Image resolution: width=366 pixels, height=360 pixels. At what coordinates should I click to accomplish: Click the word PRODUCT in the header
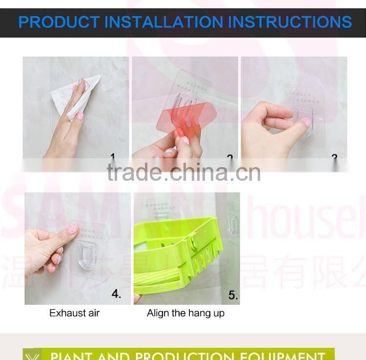59,22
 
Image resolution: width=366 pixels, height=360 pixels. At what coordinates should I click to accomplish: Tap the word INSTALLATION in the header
163,22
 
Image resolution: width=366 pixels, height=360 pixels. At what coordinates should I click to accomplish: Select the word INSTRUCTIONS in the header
290,22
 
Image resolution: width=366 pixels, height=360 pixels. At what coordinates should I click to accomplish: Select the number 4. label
116,294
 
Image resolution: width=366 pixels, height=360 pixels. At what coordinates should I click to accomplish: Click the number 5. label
233,295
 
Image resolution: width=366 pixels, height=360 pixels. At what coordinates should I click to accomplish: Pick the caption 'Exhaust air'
74,313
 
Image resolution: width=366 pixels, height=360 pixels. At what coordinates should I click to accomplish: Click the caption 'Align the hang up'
185,313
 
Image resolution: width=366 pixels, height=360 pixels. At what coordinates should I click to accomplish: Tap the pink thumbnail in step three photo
306,122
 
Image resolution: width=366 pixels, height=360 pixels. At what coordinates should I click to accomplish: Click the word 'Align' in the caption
158,313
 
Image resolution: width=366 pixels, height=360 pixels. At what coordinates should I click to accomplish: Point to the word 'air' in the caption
92,313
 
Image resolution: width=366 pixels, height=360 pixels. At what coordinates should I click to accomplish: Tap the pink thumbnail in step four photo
73,229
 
